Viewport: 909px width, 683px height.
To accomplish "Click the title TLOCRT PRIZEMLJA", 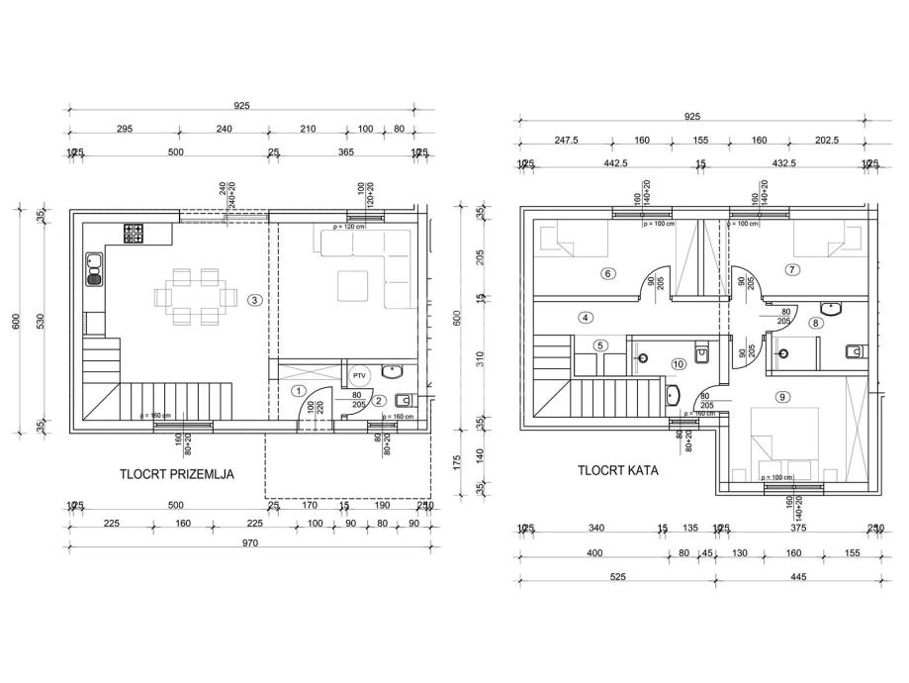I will (177, 474).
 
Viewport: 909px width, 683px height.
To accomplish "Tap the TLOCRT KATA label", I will (618, 471).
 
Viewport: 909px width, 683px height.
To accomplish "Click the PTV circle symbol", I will (358, 375).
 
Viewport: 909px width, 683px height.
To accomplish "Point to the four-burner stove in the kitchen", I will (134, 234).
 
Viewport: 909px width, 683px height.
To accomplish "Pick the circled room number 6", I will (607, 273).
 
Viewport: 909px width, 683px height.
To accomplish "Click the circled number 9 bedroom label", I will (792, 269).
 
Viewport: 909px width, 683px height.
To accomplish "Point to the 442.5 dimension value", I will (617, 164).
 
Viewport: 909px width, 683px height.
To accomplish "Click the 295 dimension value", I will (125, 129).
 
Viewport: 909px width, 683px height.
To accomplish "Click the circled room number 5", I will (601, 345).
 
